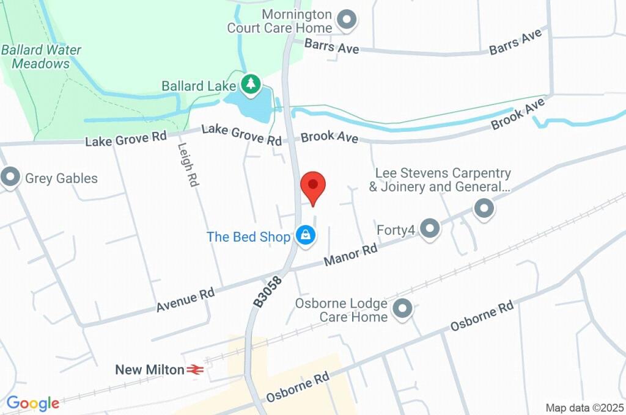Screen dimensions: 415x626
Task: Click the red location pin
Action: tap(313, 187)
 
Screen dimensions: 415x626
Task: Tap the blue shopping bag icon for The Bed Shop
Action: tap(305, 234)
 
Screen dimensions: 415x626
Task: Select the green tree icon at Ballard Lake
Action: tap(250, 84)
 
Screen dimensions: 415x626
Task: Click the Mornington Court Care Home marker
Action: tap(347, 20)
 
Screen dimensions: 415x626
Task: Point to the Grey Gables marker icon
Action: tap(10, 178)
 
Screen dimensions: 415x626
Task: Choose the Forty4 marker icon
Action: tap(430, 229)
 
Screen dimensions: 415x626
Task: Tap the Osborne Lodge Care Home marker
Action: tap(402, 309)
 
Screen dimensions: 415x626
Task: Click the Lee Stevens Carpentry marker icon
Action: tap(484, 208)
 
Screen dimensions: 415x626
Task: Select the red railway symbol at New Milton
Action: tap(195, 369)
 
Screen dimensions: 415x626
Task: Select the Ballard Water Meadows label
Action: tap(41, 57)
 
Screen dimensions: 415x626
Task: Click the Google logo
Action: tap(33, 403)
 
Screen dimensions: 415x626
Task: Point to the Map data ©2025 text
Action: tap(585, 408)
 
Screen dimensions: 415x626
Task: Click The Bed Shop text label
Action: tap(248, 237)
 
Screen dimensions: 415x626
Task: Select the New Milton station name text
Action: tap(150, 369)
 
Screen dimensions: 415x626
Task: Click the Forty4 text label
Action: tap(396, 230)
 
